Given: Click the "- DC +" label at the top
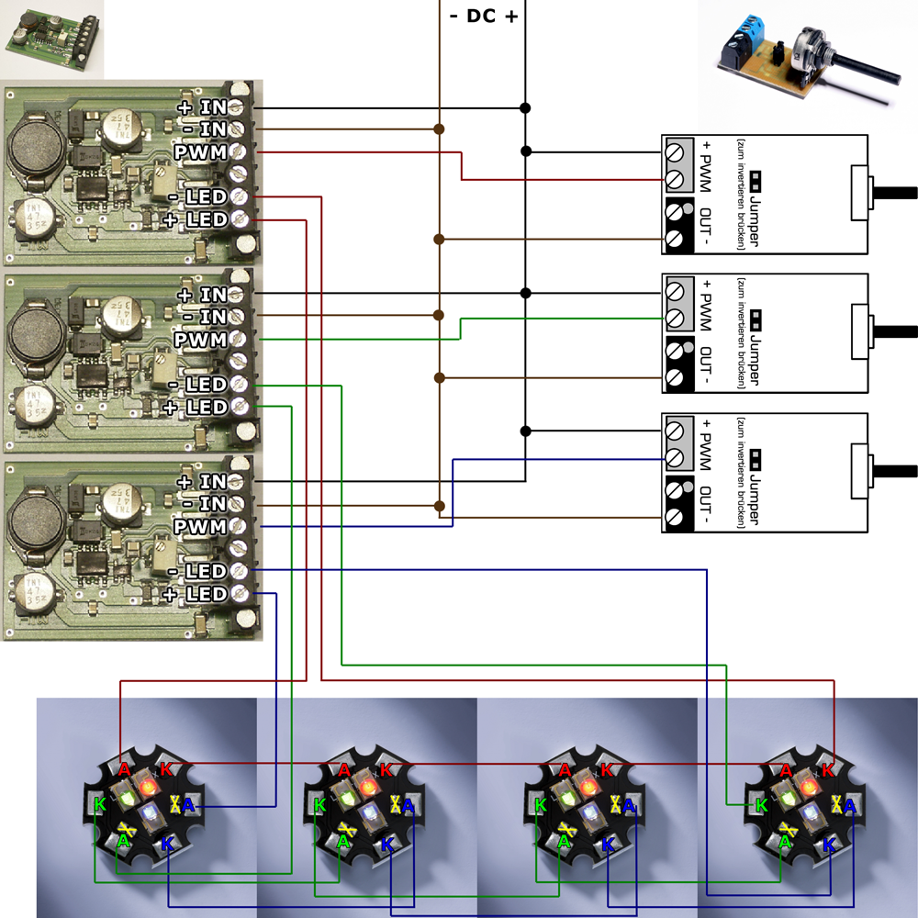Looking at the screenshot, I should pyautogui.click(x=483, y=16).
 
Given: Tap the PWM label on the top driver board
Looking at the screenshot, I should pyautogui.click(x=200, y=151).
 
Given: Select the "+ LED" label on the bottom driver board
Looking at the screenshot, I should pyautogui.click(x=195, y=594).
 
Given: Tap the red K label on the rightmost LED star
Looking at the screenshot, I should pyautogui.click(x=828, y=769).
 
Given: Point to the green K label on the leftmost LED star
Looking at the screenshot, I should pyautogui.click(x=99, y=805).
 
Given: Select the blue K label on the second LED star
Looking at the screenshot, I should pyautogui.click(x=386, y=841).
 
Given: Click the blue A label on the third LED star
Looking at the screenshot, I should pyautogui.click(x=629, y=806).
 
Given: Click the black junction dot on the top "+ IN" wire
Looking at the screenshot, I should pyautogui.click(x=525, y=108).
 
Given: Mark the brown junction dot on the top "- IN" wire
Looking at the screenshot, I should pyautogui.click(x=440, y=129).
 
